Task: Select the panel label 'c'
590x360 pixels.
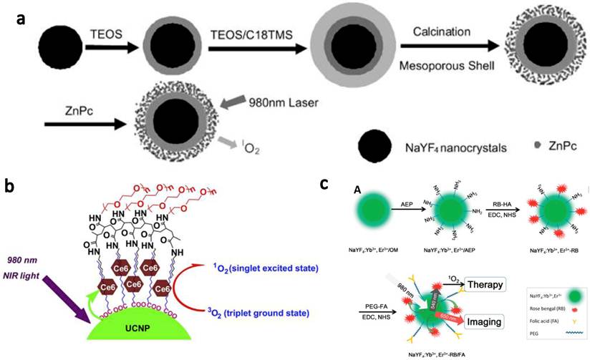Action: pos(324,184)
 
